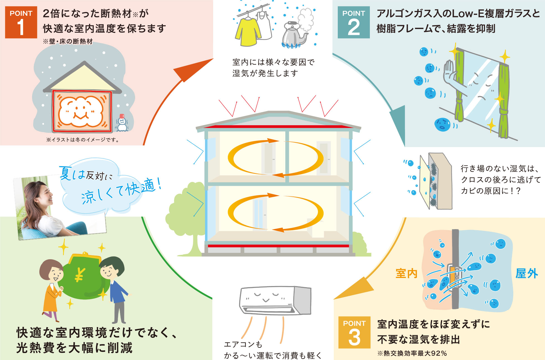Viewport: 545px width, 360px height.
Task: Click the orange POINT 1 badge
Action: click(21, 22)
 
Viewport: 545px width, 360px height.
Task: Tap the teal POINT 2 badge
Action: click(354, 22)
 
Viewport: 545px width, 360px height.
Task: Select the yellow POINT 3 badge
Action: click(354, 332)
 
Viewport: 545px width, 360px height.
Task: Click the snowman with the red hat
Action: click(122, 123)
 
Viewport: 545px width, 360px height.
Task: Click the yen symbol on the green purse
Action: click(80, 275)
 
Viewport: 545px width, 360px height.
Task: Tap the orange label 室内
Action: click(406, 273)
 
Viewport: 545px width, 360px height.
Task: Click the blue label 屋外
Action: click(527, 273)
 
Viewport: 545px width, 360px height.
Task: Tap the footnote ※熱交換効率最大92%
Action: click(412, 353)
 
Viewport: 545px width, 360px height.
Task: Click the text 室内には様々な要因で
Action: click(274, 62)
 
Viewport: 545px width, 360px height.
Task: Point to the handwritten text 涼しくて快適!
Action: click(121, 191)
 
